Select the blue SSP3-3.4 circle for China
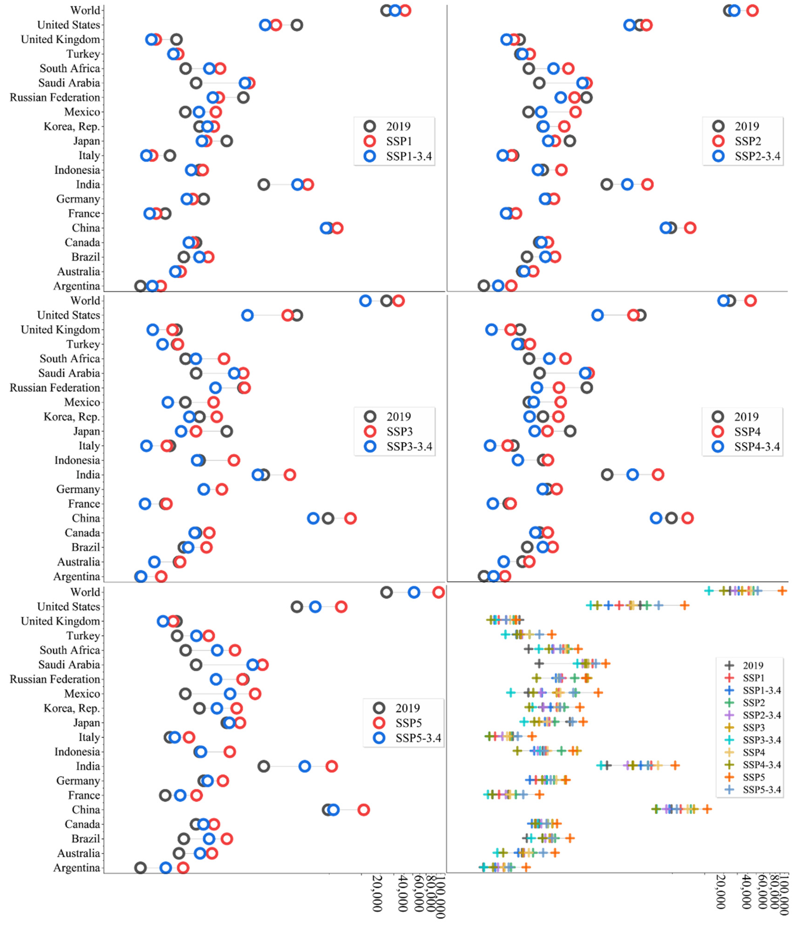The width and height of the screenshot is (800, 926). point(313,518)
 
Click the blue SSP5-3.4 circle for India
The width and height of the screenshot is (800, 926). point(305,766)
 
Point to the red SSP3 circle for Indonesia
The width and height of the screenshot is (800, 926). point(234,460)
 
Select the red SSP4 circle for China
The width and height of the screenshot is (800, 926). point(687,518)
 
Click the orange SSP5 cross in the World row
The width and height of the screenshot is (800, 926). point(782,591)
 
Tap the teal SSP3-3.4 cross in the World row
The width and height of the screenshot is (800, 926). point(708,591)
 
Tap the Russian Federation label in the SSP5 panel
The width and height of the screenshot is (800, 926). point(55,679)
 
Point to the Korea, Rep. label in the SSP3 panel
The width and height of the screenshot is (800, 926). point(71,417)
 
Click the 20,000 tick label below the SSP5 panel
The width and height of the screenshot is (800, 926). point(378,894)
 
